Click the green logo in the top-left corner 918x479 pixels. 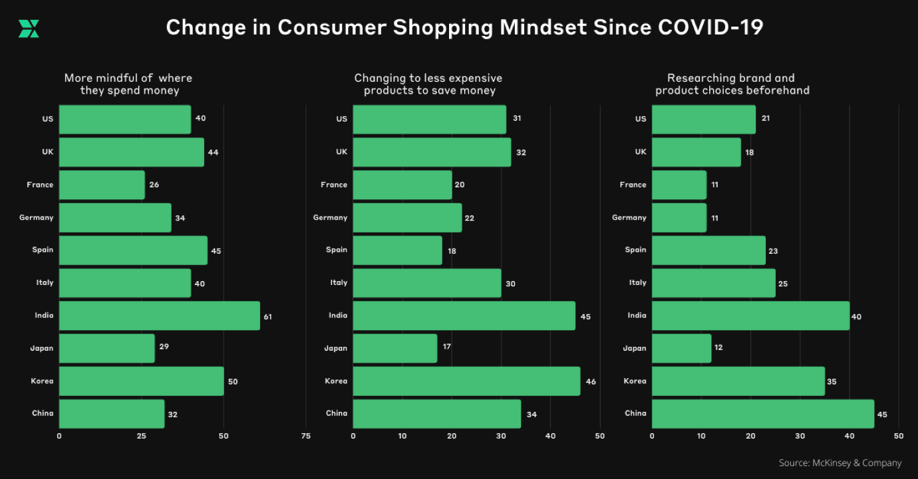tap(29, 29)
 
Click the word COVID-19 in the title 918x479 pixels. tap(710, 28)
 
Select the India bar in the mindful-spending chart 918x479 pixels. tap(159, 316)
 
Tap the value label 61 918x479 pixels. tap(267, 317)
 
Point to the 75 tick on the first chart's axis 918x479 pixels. tap(305, 436)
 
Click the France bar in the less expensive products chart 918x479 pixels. tap(402, 185)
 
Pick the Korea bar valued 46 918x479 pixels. tap(466, 381)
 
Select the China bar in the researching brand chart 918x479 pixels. tap(762, 414)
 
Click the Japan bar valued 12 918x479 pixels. tap(681, 349)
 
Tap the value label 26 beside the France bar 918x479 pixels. tap(154, 185)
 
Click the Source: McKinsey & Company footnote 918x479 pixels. tap(840, 463)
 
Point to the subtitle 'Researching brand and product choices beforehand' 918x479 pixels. tap(732, 84)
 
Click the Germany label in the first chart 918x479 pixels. tap(37, 217)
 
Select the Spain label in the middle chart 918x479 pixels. tap(337, 250)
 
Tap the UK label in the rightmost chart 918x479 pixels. tap(640, 151)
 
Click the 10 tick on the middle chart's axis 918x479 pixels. tap(402, 436)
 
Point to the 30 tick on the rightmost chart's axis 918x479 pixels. tap(800, 436)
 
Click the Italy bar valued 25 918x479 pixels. tap(713, 283)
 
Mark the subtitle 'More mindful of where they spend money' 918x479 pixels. tap(128, 84)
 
